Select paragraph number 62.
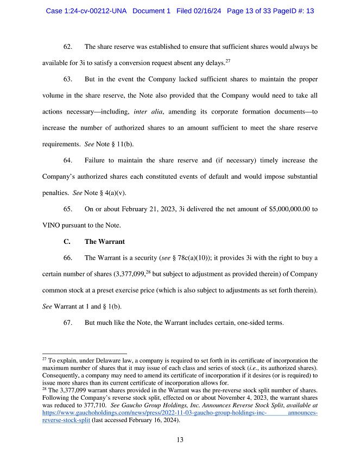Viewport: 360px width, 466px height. pos(68,47)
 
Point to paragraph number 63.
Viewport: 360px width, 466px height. pos(68,79)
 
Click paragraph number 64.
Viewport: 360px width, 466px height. pos(68,161)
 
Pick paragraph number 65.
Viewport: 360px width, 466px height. pos(68,209)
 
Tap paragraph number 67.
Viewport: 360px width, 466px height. pos(68,323)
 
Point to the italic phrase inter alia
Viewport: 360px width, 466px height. pos(147,112)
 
